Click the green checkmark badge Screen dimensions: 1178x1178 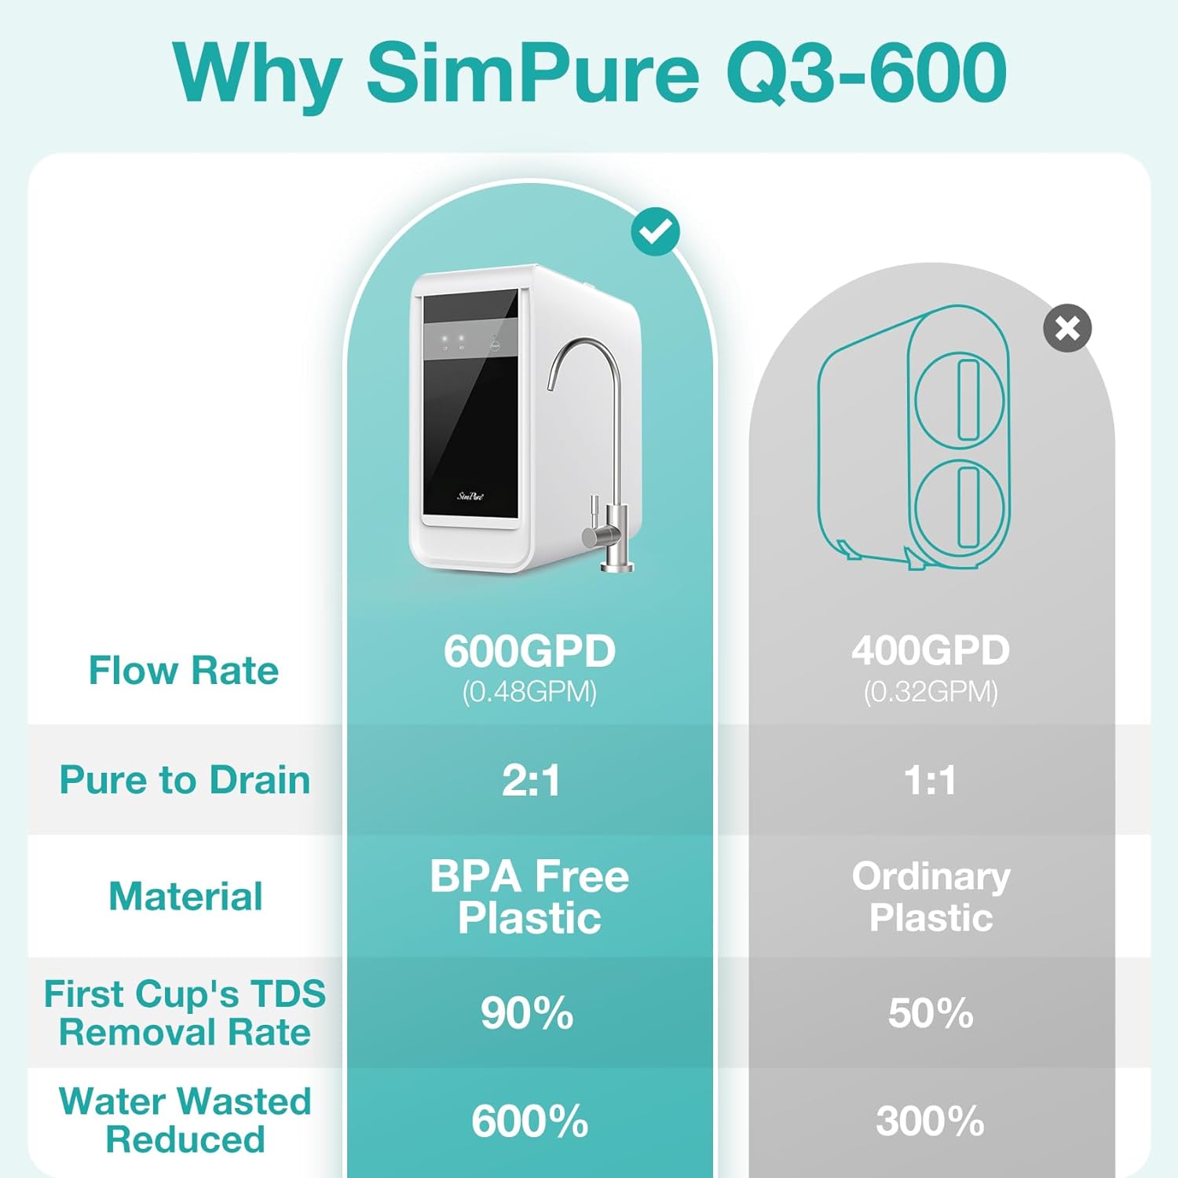click(x=656, y=232)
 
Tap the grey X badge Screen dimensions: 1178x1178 click(x=1067, y=328)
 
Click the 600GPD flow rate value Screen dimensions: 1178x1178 click(x=529, y=651)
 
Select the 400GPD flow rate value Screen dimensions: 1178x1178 click(x=931, y=650)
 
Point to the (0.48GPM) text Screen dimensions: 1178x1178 click(x=529, y=692)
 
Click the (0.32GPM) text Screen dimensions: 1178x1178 click(x=931, y=692)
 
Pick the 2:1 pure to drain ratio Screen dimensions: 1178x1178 click(x=531, y=781)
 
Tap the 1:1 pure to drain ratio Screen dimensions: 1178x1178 click(x=931, y=781)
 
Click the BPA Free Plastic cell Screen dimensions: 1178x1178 click(x=529, y=897)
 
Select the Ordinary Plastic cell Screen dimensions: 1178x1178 click(x=931, y=897)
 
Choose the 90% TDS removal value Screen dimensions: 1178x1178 click(x=527, y=1013)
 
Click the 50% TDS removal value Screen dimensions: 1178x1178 click(x=931, y=1013)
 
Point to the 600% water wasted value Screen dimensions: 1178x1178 click(x=529, y=1121)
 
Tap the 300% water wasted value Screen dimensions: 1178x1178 click(x=931, y=1121)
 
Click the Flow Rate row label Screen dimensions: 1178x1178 click(x=184, y=671)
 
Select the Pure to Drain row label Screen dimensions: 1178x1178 click(x=185, y=781)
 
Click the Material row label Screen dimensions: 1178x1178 click(x=185, y=897)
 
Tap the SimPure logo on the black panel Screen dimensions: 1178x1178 click(x=470, y=496)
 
